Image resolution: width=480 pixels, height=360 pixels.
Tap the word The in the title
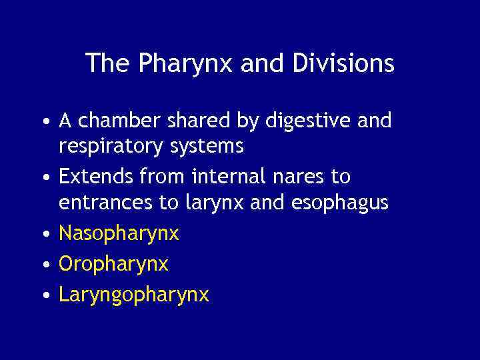109,64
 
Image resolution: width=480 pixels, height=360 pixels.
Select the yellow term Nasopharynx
119,234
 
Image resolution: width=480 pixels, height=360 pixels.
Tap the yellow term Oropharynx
113,265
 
